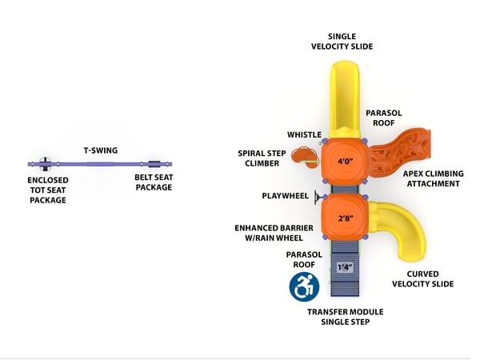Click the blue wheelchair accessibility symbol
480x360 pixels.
304,285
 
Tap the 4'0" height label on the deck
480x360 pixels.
346,162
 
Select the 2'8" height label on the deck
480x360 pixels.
346,218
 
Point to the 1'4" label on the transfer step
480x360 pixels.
344,267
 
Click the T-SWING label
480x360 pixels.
98,150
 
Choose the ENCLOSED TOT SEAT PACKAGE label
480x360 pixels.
47,190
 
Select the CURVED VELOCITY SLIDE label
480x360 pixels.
424,278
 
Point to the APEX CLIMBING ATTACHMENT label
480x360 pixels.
432,178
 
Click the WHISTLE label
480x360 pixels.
304,134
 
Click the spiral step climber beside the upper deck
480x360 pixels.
303,155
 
